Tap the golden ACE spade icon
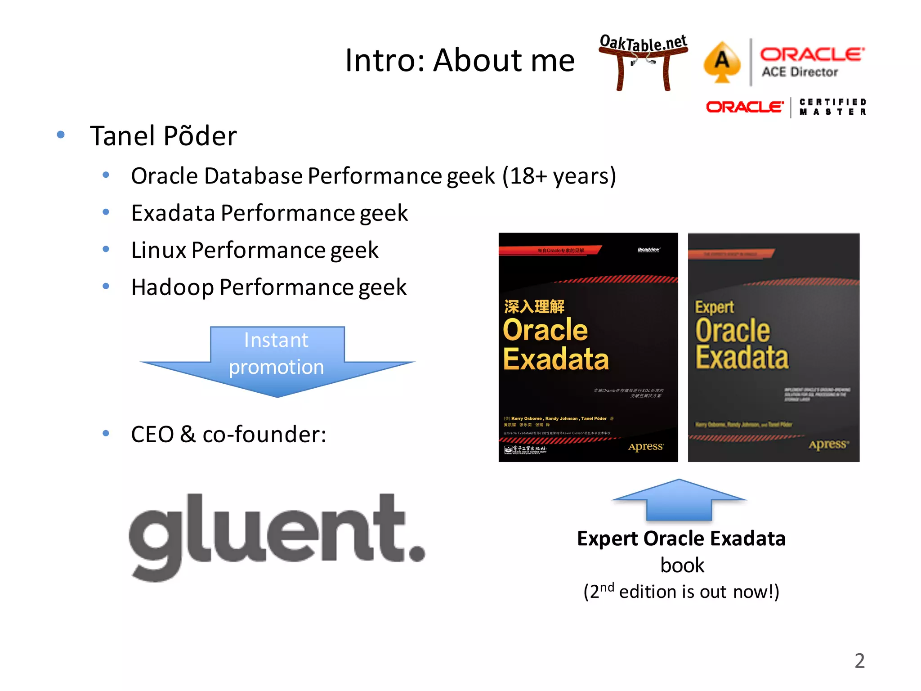[722, 62]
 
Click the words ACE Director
[800, 72]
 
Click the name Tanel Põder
[163, 136]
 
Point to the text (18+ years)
[559, 176]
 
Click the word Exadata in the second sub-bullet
[173, 213]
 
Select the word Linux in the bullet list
[158, 250]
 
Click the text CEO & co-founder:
[228, 435]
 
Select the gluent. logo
[277, 535]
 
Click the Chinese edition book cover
[588, 346]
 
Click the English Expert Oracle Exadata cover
[773, 346]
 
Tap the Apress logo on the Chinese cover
[645, 446]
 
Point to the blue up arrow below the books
[679, 499]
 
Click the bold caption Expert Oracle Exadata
[681, 538]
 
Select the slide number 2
[859, 661]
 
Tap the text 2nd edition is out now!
[681, 591]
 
